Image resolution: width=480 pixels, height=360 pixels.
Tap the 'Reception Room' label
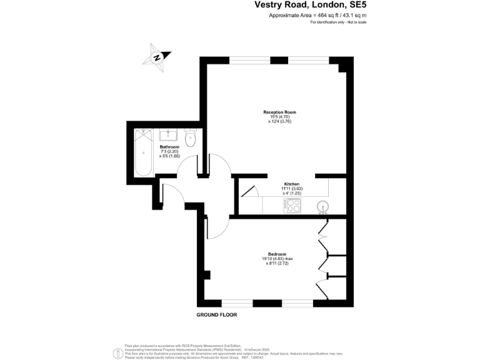[279, 112]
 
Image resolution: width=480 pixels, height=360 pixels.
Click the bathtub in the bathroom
[143, 152]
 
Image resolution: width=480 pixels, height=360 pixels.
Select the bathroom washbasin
[169, 134]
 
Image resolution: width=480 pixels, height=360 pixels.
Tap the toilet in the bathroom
[191, 136]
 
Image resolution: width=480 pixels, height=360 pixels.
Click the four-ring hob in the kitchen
[292, 205]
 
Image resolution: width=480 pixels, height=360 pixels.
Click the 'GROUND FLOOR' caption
[217, 314]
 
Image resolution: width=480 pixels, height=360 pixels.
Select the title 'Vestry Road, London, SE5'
[310, 5]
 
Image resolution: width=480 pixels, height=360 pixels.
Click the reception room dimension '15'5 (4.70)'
[279, 116]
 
